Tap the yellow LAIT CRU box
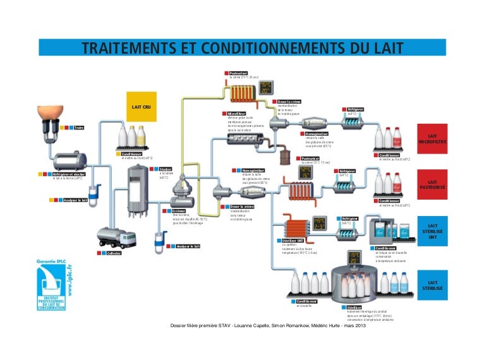click(140, 107)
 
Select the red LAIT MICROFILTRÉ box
click(433, 140)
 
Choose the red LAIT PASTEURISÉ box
click(433, 185)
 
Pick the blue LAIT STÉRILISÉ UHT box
click(433, 231)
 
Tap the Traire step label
click(79, 128)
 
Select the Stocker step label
click(165, 169)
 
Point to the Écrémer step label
click(179, 210)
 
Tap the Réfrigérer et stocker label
click(69, 172)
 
